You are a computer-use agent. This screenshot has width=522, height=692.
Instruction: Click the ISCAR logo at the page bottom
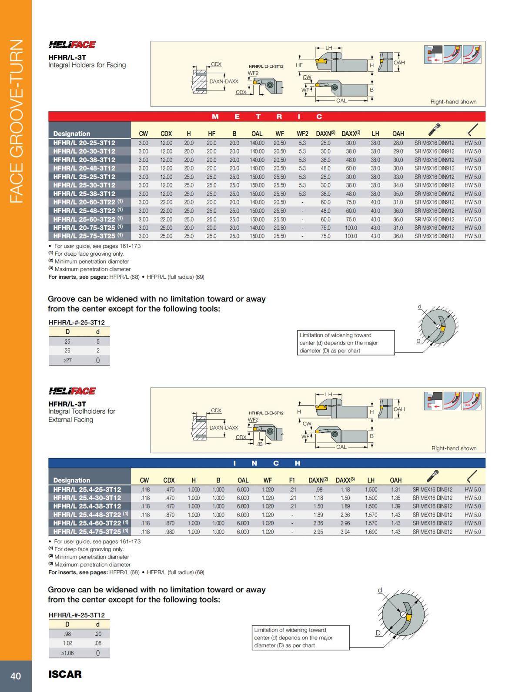point(65,674)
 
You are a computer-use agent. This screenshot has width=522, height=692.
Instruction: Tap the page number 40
point(16,676)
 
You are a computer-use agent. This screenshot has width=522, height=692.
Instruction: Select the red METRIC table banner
point(267,117)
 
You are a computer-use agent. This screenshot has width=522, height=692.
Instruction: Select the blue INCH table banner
point(267,463)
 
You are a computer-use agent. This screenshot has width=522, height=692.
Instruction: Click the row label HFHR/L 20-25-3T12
point(84,143)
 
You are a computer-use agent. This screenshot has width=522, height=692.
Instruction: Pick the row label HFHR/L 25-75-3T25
point(84,236)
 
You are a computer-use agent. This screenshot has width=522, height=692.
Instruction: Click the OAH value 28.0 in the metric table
point(398,143)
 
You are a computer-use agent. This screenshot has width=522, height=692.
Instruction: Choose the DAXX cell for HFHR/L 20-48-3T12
point(351,168)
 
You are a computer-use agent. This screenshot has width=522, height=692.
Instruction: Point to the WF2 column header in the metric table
point(302,134)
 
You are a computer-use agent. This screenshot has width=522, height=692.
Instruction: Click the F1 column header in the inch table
point(292,480)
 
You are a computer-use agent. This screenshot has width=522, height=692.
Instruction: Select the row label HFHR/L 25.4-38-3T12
point(87,506)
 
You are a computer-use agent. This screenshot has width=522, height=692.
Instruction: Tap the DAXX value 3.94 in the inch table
point(345,532)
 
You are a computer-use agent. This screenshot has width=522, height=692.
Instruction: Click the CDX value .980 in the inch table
point(170,532)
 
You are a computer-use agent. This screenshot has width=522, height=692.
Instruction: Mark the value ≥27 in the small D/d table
point(67,360)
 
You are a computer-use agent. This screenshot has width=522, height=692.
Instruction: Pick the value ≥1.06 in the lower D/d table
point(67,653)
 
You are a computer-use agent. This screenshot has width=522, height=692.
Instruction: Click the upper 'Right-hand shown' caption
point(453,102)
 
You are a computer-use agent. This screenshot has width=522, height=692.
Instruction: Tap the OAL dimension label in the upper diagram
point(341,101)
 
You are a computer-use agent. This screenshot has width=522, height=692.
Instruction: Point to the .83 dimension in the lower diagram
point(260,444)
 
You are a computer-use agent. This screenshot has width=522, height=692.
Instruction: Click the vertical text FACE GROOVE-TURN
point(16,121)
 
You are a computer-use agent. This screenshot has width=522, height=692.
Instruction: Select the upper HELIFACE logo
point(72,44)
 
